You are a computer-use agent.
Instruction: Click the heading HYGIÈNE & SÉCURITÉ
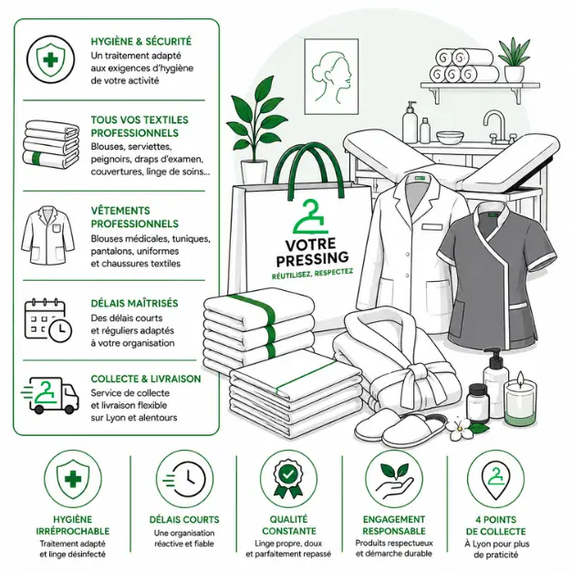tap(140, 41)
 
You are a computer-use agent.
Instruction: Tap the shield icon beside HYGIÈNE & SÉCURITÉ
tap(51, 59)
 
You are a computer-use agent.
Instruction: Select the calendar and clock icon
tap(47, 320)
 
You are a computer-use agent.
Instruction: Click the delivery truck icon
tap(50, 395)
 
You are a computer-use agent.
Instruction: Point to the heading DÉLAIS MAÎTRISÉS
tap(134, 303)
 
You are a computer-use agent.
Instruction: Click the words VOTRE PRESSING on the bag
tap(312, 252)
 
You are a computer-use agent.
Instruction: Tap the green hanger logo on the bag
tap(310, 216)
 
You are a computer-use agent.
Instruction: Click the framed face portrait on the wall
tap(331, 76)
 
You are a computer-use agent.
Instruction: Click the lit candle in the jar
tap(520, 399)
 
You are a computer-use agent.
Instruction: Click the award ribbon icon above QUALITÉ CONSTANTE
tap(288, 478)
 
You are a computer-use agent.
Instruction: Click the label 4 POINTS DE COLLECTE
tap(495, 525)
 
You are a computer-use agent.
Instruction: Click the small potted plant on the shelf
tap(514, 60)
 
